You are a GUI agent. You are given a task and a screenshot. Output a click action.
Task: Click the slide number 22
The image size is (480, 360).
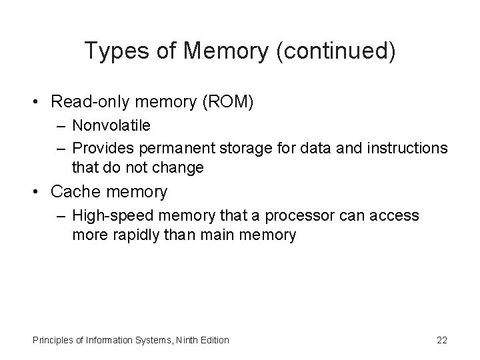(x=442, y=340)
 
